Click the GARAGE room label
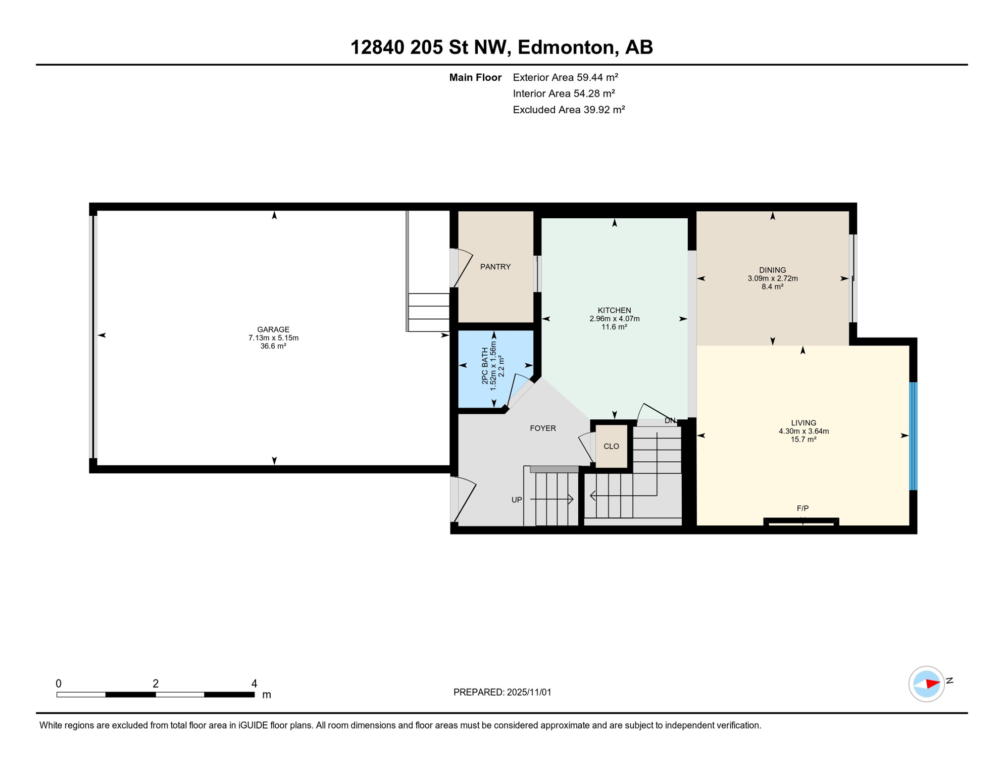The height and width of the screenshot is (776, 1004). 273,329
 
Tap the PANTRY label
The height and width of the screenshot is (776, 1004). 495,267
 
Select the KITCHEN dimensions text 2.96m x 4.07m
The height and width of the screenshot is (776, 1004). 614,319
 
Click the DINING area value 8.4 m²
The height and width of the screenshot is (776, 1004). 772,287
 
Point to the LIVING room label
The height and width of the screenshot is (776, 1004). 803,423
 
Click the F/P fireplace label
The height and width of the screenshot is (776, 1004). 802,508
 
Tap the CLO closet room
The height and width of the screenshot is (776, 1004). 611,446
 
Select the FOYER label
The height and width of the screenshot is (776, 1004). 542,428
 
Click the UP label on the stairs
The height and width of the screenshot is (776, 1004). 516,500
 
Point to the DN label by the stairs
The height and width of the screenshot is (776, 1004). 670,421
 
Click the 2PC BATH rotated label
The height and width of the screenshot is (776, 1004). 485,365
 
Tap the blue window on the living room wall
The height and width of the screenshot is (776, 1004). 913,436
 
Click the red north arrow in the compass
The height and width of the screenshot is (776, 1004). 932,684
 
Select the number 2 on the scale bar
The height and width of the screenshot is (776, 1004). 156,684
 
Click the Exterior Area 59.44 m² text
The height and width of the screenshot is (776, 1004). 565,77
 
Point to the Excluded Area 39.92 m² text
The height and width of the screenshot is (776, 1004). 569,110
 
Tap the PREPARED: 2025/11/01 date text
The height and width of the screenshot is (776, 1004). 502,692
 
